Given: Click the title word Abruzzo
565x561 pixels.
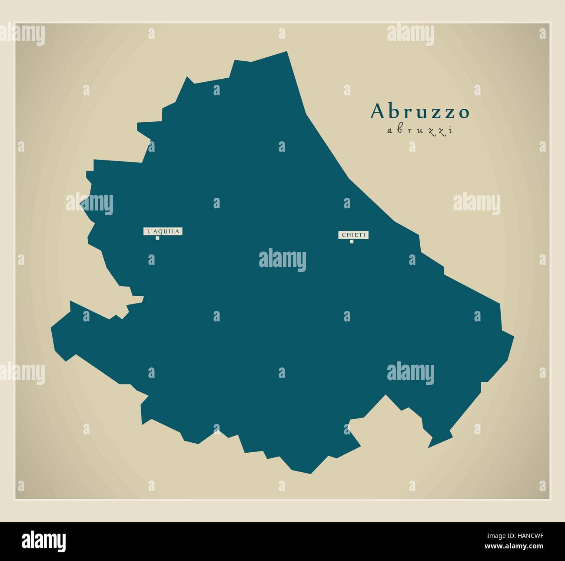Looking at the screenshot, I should tap(420, 112).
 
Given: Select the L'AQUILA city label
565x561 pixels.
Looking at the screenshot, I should tap(163, 231).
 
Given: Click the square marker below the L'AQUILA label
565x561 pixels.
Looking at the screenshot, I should tap(157, 238).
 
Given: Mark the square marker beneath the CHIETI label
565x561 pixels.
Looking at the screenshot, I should tap(352, 241).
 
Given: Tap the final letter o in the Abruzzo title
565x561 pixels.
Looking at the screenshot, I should tap(464, 113).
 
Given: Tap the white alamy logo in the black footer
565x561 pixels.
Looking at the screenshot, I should tap(44, 540).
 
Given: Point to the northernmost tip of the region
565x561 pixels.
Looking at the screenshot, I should tap(287, 52).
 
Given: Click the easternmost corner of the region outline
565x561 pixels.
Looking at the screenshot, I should tap(514, 336).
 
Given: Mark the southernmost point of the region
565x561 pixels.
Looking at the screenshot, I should tap(310, 473).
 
